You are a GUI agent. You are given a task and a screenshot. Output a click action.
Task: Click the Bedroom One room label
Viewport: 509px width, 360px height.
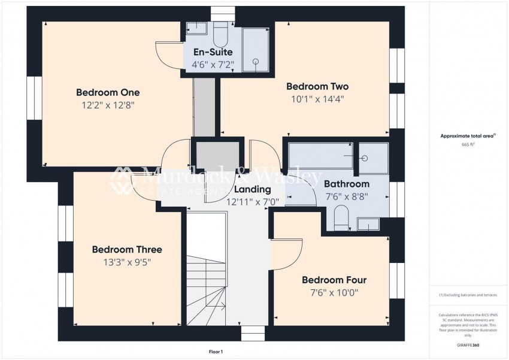108,92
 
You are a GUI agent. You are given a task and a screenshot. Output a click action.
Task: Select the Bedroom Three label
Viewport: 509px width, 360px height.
126,249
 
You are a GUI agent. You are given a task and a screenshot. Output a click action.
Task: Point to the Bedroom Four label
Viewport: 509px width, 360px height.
334,280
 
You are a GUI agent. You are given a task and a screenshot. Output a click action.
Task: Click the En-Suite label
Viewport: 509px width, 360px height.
213,52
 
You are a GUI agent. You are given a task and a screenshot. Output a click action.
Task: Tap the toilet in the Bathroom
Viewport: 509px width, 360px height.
341,218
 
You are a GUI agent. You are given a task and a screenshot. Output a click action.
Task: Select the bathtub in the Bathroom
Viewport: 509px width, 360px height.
320,156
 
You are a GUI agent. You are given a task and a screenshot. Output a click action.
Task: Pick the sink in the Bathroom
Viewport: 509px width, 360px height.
369,224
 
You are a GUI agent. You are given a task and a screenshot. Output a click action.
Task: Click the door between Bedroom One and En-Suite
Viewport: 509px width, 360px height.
169,55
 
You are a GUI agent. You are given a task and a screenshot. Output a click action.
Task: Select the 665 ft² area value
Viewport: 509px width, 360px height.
468,145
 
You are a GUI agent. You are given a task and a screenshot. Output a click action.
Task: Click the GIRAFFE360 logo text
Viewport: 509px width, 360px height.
468,346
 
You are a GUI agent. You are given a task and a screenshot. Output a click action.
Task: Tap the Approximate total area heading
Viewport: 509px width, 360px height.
468,137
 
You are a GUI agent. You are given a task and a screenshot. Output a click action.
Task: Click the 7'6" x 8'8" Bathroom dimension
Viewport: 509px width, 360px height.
347,196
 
